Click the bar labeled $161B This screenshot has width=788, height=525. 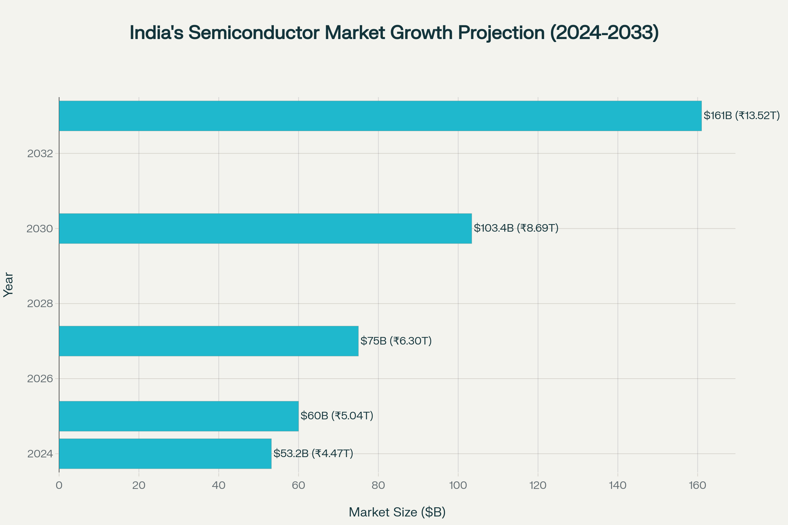tap(380, 116)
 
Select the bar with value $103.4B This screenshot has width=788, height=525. tap(265, 228)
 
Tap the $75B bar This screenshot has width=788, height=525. tap(208, 341)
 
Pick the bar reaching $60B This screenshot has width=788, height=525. tap(179, 416)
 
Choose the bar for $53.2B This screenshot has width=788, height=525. tap(165, 454)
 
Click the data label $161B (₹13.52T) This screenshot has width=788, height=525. tap(741, 115)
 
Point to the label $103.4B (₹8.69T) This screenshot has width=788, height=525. tap(516, 228)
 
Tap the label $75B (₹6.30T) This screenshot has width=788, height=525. tap(396, 341)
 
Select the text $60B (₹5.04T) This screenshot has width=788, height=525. tap(336, 416)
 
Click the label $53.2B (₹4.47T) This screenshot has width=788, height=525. tap(313, 453)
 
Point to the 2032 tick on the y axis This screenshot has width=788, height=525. tap(40, 154)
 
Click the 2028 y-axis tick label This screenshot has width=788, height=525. tap(40, 304)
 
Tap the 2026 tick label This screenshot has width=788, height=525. tap(40, 379)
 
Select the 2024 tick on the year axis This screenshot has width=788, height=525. tap(40, 454)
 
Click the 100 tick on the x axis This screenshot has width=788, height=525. tap(458, 486)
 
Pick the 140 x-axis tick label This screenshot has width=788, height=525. tap(618, 486)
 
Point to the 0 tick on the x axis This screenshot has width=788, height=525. tap(59, 486)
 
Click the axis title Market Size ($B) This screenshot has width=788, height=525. tap(397, 512)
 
